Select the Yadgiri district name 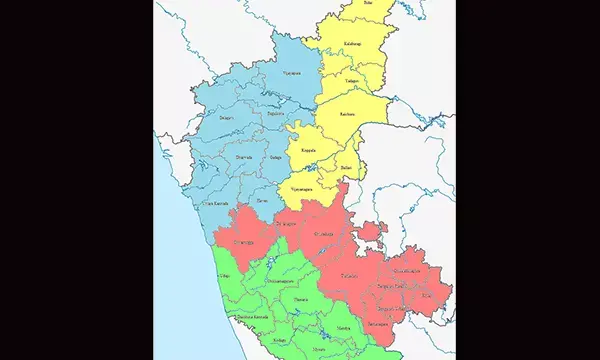coord(352,79)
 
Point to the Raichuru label coord(348,116)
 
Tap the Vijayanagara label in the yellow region coord(301,188)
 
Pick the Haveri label coord(262,200)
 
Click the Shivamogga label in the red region coord(244,242)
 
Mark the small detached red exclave coord(371,233)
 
